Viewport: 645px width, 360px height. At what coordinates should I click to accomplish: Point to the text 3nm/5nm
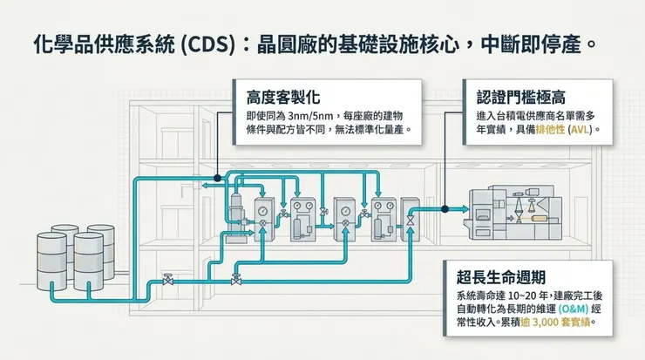312,116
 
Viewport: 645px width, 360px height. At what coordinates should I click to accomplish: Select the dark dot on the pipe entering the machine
444,208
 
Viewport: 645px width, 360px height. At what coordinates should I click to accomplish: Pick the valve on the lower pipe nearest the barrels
166,280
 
